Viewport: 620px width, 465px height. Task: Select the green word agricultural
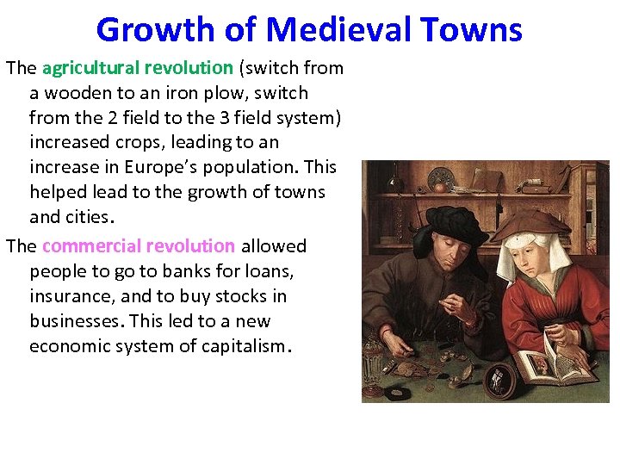coord(93,67)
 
